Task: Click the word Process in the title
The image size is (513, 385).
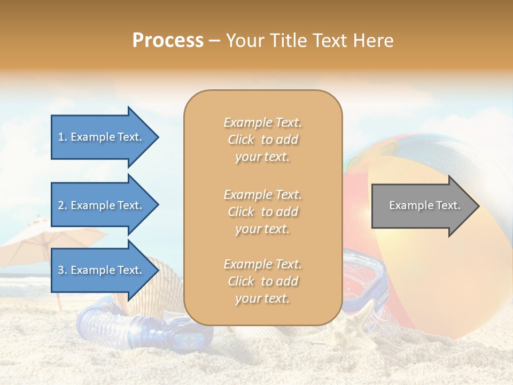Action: [x=168, y=41]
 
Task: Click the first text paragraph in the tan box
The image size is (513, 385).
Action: [x=262, y=140]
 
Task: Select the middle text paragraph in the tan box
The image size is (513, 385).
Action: [x=262, y=212]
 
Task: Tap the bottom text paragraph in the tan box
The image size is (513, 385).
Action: [x=262, y=281]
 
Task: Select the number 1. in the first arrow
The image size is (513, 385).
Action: [x=63, y=137]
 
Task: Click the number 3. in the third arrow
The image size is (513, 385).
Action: [x=63, y=270]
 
